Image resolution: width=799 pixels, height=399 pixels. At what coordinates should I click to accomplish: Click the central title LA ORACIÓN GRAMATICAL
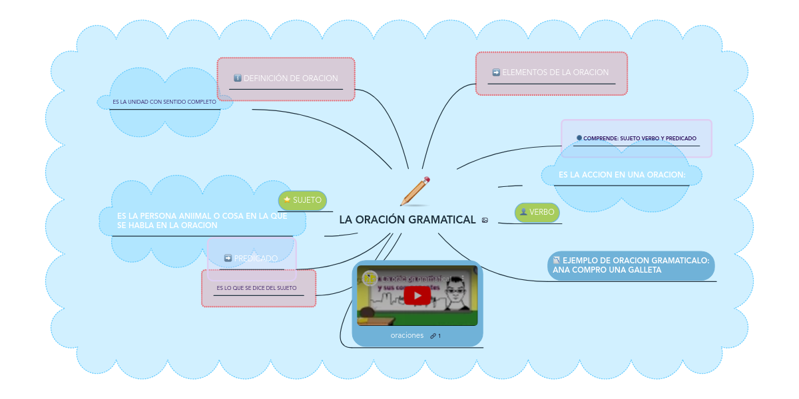(x=407, y=219)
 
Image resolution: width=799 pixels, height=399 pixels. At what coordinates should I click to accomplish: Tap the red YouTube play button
(x=417, y=296)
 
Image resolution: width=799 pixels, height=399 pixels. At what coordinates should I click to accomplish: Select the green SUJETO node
(x=302, y=200)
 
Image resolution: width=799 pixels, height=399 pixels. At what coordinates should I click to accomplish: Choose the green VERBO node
(x=537, y=212)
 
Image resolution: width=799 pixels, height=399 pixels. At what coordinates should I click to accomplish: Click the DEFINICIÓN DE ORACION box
(x=286, y=78)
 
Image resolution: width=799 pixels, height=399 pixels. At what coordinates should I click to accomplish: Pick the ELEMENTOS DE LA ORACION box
(x=551, y=72)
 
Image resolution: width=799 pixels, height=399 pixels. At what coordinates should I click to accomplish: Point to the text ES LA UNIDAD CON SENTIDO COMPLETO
(x=164, y=102)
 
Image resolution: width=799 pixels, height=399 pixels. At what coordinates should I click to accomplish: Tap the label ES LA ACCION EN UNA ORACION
(x=621, y=174)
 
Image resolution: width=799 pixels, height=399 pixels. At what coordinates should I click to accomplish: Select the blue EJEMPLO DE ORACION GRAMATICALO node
(x=631, y=265)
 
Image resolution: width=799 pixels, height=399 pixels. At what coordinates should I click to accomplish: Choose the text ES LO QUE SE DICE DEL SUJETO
(x=256, y=288)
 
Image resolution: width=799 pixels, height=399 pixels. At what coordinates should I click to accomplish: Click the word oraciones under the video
(x=407, y=336)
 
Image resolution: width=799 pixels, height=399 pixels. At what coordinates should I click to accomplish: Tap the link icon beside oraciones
(x=433, y=336)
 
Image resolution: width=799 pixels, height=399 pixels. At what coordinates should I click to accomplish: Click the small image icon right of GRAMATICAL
(x=485, y=220)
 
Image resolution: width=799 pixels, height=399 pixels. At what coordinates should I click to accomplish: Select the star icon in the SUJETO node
(x=287, y=199)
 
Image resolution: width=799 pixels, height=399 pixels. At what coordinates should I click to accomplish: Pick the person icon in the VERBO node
(x=523, y=212)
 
